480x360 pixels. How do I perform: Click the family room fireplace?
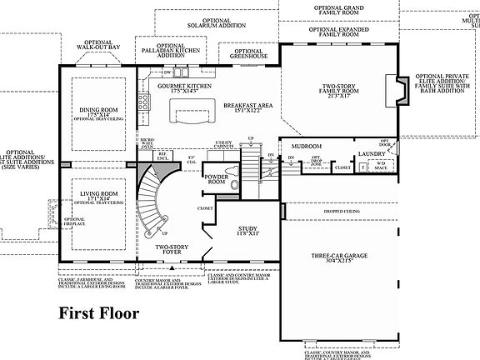pos(392,87)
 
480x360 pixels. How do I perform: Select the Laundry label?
pos(369,154)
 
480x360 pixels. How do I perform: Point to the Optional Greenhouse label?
pos(247,52)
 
